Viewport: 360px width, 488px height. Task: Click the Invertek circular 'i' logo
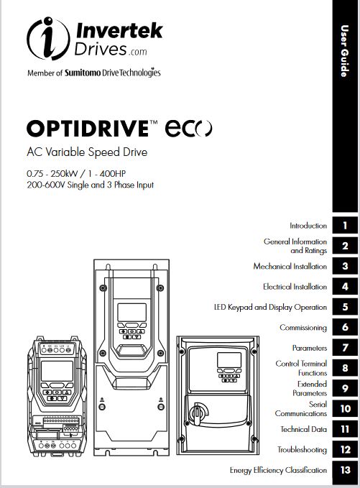click(48, 38)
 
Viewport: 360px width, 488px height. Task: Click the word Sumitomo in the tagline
click(83, 73)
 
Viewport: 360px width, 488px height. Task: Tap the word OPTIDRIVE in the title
click(88, 128)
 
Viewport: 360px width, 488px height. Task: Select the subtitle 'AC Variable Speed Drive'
click(87, 152)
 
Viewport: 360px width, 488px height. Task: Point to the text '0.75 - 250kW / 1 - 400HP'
click(76, 173)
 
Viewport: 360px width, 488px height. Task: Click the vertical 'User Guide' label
click(344, 51)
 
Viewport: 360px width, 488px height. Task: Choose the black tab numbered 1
click(345, 226)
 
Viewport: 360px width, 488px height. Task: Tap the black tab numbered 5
click(345, 307)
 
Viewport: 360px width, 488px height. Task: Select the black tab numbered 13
click(345, 470)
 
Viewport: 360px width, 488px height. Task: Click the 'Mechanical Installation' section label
click(290, 267)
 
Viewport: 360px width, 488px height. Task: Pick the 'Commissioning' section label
click(303, 328)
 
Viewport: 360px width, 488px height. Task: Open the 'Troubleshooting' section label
click(302, 450)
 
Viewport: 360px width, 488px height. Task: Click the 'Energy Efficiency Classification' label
click(279, 470)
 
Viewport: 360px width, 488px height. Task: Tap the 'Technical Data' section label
click(304, 430)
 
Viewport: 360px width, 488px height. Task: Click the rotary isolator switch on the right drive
click(198, 413)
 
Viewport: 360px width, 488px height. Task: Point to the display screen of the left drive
click(57, 371)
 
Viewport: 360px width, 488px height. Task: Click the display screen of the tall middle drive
click(131, 312)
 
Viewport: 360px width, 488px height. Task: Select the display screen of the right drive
click(229, 360)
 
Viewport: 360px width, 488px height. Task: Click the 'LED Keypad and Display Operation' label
click(270, 307)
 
